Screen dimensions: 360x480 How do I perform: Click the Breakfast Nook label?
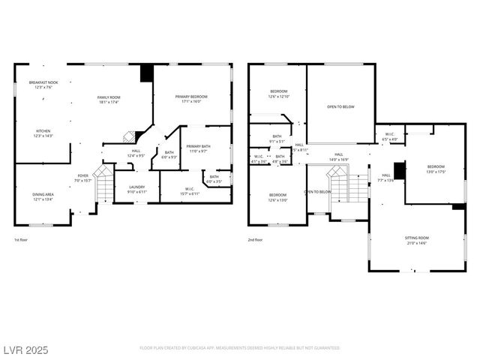coord(43,84)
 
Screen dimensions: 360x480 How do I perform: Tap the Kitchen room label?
coord(43,133)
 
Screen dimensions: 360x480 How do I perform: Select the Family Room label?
coord(109,100)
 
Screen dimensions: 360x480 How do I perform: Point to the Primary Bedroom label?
coord(192,99)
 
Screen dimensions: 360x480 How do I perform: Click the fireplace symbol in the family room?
coord(129,136)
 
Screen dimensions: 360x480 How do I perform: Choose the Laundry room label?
coord(136,189)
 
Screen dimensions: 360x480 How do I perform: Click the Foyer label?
coord(82,178)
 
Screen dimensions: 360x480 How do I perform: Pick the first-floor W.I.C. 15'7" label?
coord(190,192)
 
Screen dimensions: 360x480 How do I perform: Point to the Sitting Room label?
coord(416,240)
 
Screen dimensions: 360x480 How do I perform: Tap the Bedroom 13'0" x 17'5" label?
coord(436,169)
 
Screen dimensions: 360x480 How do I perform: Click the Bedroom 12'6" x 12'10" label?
coord(278,94)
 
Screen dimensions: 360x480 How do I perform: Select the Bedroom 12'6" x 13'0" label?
coord(278,197)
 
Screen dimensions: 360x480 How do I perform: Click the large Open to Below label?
coord(340,107)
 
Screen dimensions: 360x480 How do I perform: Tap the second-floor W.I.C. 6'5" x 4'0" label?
coord(389,136)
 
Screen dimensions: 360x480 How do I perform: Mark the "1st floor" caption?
coord(22,240)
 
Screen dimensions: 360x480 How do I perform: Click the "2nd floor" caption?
coord(256,240)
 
